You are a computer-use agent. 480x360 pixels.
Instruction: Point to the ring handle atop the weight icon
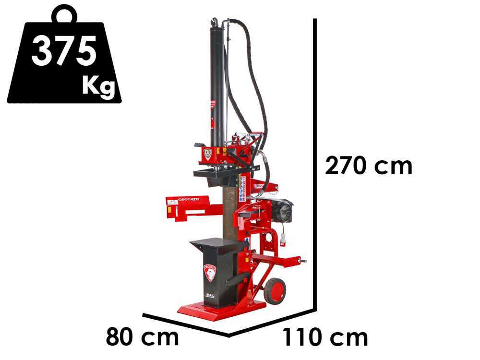point(64,15)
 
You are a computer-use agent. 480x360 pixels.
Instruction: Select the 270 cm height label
point(369,166)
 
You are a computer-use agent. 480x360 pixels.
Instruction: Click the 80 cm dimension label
point(142,337)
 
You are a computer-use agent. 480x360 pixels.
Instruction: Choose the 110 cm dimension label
point(325,337)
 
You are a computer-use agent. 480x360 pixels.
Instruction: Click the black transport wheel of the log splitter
point(275,291)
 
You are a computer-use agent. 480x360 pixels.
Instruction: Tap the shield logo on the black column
point(210,273)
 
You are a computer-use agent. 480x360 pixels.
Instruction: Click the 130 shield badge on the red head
point(207,154)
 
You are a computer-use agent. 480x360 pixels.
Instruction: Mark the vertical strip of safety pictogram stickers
point(243,188)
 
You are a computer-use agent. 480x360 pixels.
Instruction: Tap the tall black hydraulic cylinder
point(216,82)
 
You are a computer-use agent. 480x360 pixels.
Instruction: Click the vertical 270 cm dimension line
point(315,163)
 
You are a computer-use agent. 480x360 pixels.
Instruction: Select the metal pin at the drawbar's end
point(303,261)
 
